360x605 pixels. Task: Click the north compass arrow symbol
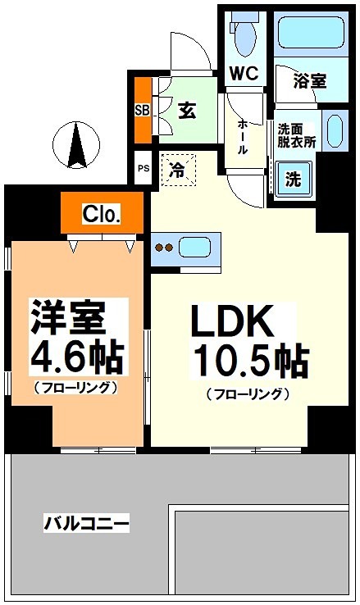pos(75,142)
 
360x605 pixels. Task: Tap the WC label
pos(244,73)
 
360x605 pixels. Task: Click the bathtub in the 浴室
pos(309,32)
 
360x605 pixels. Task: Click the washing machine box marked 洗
pos(293,176)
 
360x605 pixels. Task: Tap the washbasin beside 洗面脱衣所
pos(333,130)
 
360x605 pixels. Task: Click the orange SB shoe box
pos(141,109)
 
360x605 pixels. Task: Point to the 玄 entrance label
pos(187,108)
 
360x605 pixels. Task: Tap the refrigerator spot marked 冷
pos(177,171)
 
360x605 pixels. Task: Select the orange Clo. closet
pos(103,215)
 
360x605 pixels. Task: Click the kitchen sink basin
pos(194,247)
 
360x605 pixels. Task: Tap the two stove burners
pos(164,247)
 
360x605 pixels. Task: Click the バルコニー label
pos(87,523)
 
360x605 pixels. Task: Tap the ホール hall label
pos(244,135)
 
